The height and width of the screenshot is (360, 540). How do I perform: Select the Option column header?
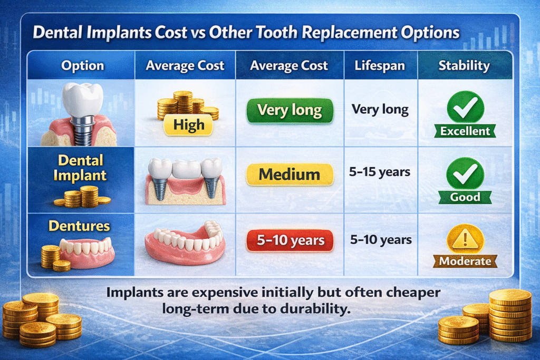point(82,66)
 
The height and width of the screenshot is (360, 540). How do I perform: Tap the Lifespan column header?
point(380,66)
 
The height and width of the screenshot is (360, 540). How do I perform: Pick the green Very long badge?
point(290,110)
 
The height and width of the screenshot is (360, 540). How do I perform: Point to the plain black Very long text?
point(380,110)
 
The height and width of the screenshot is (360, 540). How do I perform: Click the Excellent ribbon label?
point(466,131)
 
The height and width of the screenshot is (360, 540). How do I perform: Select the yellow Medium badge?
point(290,174)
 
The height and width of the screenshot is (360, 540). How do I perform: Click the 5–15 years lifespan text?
point(380,172)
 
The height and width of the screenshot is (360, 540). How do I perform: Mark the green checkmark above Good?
point(466,172)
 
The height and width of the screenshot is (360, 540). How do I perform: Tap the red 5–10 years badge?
point(290,241)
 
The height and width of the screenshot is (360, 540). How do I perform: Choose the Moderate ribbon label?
point(466,261)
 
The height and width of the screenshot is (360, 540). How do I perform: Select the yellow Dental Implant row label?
point(81,168)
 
